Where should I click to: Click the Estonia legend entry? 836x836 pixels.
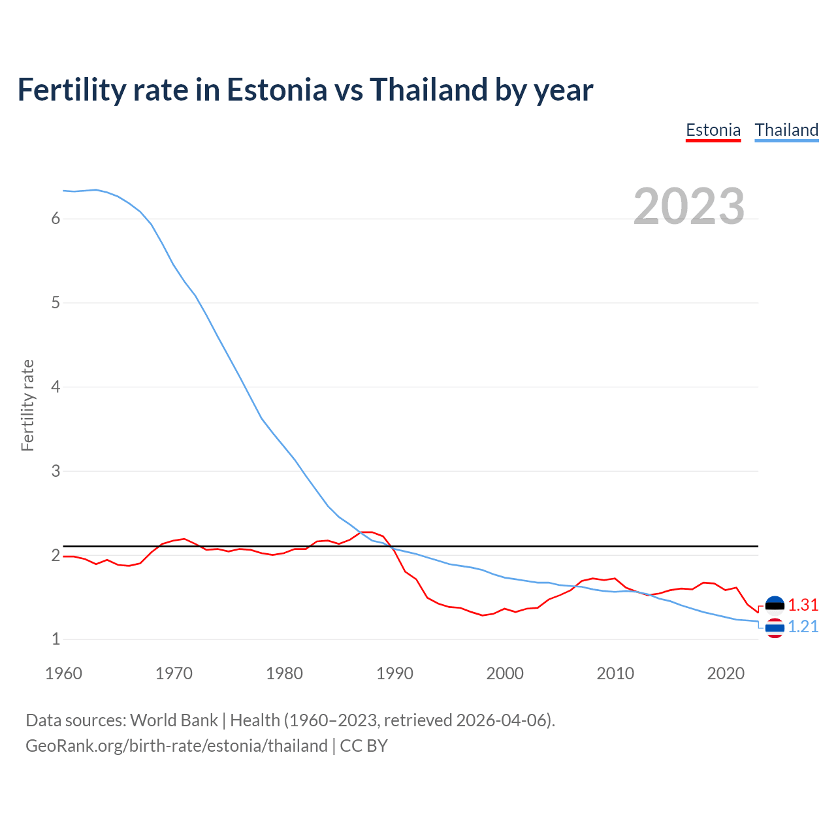713,130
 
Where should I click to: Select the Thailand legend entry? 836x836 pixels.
786,130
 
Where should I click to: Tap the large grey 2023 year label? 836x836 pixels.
689,206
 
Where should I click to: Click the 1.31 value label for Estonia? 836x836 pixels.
803,605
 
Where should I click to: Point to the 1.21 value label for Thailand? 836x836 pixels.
803,626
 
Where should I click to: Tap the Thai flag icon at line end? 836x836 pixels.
775,628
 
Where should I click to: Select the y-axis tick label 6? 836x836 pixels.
56,219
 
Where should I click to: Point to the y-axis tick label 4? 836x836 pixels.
56,387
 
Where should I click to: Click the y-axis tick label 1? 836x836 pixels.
56,639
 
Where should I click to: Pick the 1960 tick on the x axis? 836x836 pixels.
63,673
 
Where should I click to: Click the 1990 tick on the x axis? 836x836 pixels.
394,673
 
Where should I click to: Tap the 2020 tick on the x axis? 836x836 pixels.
726,673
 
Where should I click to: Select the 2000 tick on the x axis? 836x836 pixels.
505,673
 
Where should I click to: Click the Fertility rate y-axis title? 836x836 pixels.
27,405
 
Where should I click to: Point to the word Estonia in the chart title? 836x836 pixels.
276,89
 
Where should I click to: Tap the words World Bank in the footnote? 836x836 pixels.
174,720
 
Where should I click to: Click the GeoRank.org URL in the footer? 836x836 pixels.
176,746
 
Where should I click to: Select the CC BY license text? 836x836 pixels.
364,746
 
